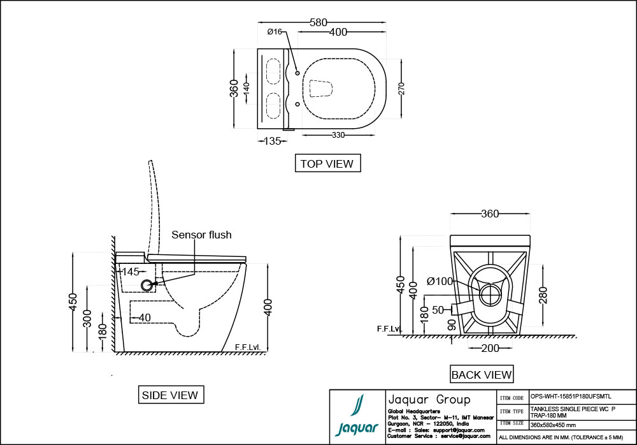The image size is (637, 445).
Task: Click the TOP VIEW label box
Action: pos(327,163)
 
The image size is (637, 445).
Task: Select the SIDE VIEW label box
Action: pos(169,395)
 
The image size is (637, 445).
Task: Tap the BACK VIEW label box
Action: pos(481,374)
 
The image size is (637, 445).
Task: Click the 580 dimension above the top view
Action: pos(318,22)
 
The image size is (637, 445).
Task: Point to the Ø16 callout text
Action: pos(275,31)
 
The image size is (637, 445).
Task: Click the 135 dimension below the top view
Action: pos(272,141)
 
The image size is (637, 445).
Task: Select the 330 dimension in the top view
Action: pos(338,135)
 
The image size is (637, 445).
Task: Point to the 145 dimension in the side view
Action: pos(130,272)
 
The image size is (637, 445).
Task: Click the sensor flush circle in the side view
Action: pos(147,285)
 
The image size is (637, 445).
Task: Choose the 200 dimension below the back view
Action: pos(489,347)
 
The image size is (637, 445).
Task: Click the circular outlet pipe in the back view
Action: pos(490,295)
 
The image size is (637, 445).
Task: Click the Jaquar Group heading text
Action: pos(429,400)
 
